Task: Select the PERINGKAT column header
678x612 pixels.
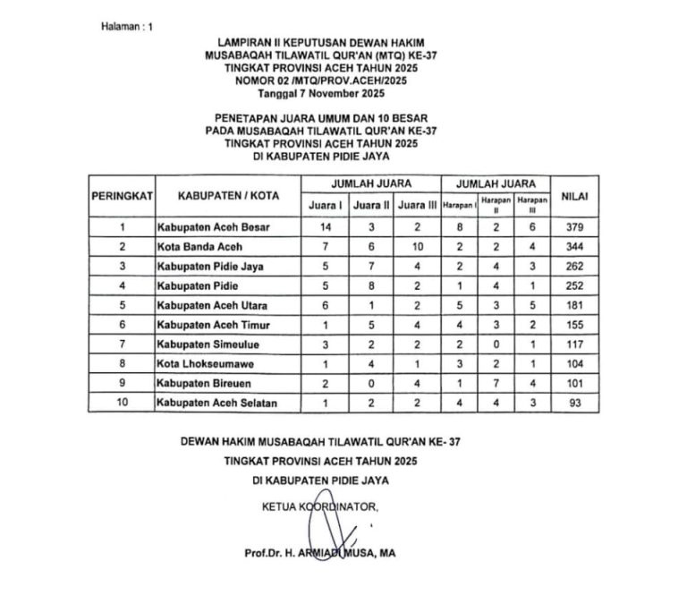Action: click(123, 195)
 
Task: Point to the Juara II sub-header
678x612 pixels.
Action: click(371, 206)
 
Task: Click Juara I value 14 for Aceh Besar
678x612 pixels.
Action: click(326, 227)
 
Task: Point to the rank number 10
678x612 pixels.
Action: click(123, 404)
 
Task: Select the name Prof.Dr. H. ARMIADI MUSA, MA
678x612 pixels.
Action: click(319, 553)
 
